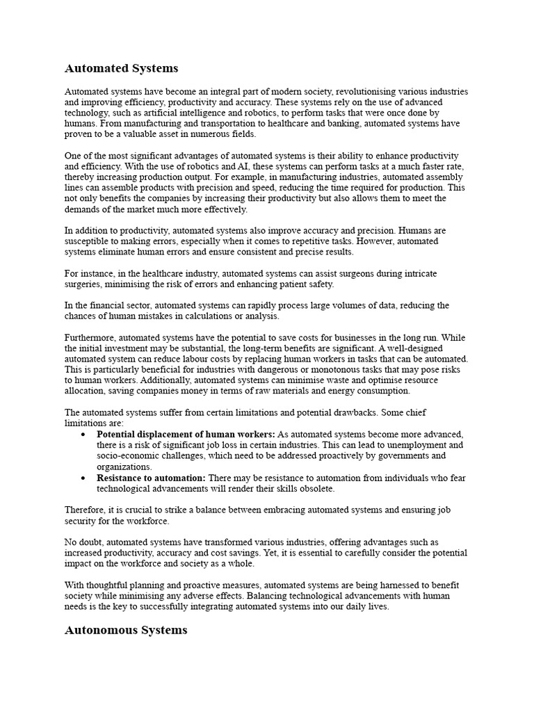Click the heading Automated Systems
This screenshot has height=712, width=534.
pyautogui.click(x=121, y=68)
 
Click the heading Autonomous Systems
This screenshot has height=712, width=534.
pyautogui.click(x=126, y=630)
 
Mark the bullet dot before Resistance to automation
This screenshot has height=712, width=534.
pyautogui.click(x=83, y=478)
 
